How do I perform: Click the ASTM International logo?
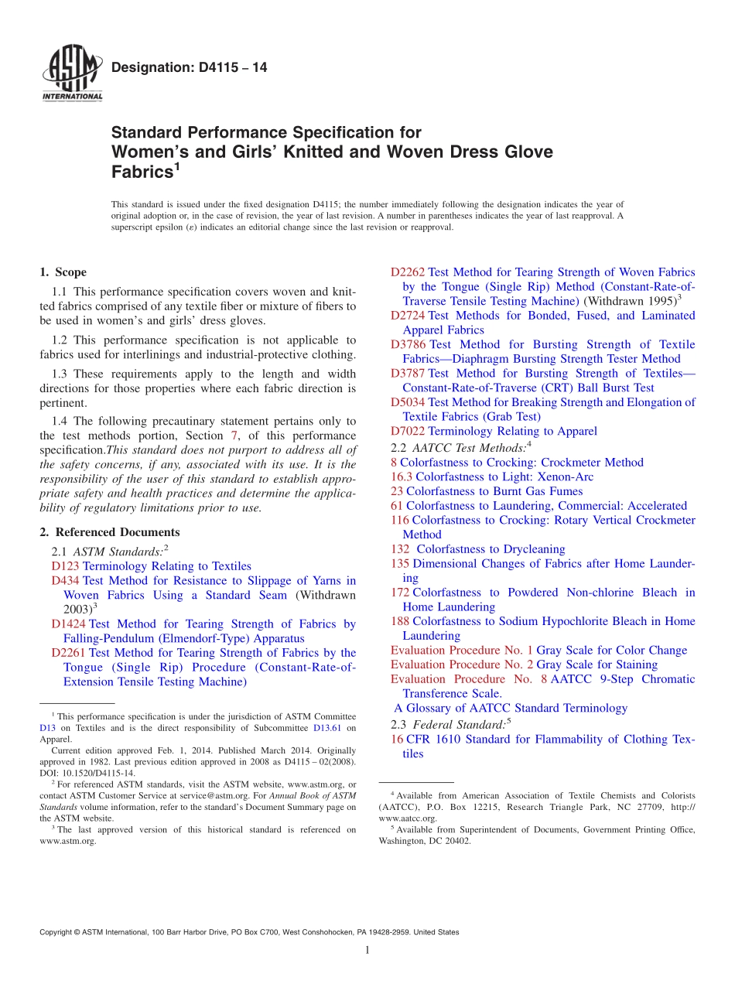(x=71, y=74)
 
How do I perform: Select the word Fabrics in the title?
(x=140, y=172)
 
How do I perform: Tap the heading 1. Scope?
(x=63, y=272)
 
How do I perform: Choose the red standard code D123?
(x=65, y=566)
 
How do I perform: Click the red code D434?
(x=65, y=581)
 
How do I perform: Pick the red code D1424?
(x=68, y=624)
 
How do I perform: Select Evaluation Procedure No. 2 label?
(x=461, y=665)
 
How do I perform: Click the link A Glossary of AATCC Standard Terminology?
(x=511, y=708)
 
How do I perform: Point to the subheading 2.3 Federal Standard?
(x=450, y=725)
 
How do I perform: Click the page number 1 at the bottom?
(x=367, y=951)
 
